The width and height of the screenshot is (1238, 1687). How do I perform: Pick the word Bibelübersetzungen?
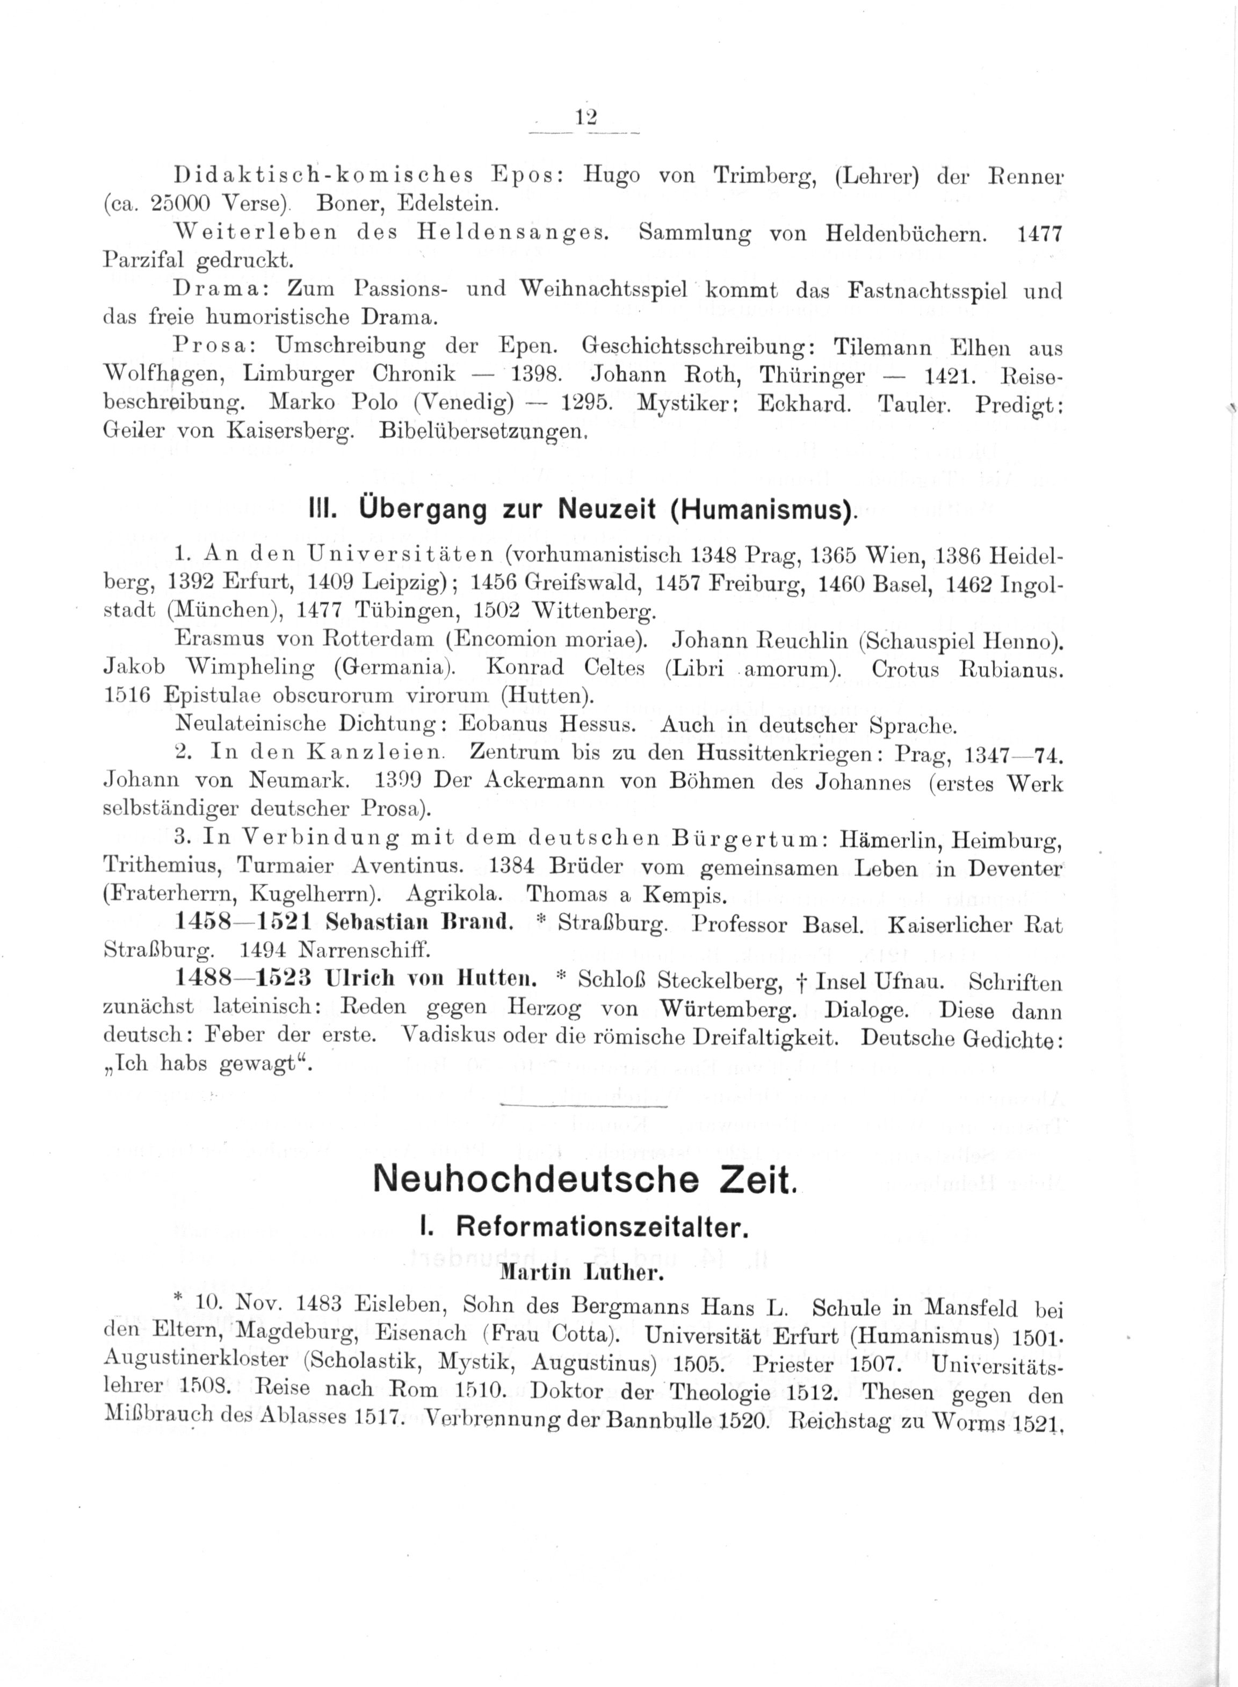[480, 431]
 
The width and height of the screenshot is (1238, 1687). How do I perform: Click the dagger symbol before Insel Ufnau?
[822, 982]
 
